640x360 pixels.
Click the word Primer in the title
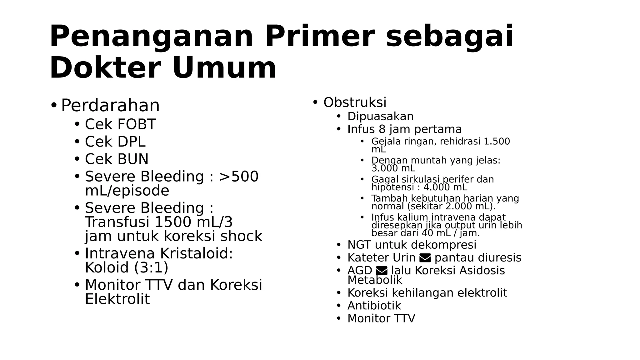pos(319,37)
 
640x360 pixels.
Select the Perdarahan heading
pos(110,105)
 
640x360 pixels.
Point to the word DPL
pos(131,142)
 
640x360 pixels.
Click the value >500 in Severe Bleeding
pos(239,177)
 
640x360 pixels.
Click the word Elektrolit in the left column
pos(117,299)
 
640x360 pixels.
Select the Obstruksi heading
pos(355,102)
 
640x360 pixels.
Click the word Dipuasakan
pos(380,117)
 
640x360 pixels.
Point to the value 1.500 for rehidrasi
pos(497,142)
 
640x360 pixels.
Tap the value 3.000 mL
pos(393,168)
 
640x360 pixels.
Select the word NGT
pos(359,245)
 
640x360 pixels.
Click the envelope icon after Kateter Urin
pos(425,258)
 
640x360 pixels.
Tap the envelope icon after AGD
pos(382,271)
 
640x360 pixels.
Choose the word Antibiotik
pos(374,306)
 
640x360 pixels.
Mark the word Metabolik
pos(375,280)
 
